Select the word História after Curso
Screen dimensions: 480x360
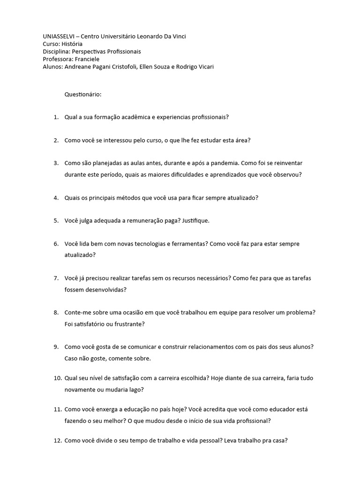click(72, 44)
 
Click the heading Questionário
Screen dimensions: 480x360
click(83, 94)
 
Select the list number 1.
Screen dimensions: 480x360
click(56, 117)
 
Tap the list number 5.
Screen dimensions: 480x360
click(56, 221)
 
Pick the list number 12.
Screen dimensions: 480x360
click(57, 441)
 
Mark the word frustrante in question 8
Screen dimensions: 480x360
click(128, 324)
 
